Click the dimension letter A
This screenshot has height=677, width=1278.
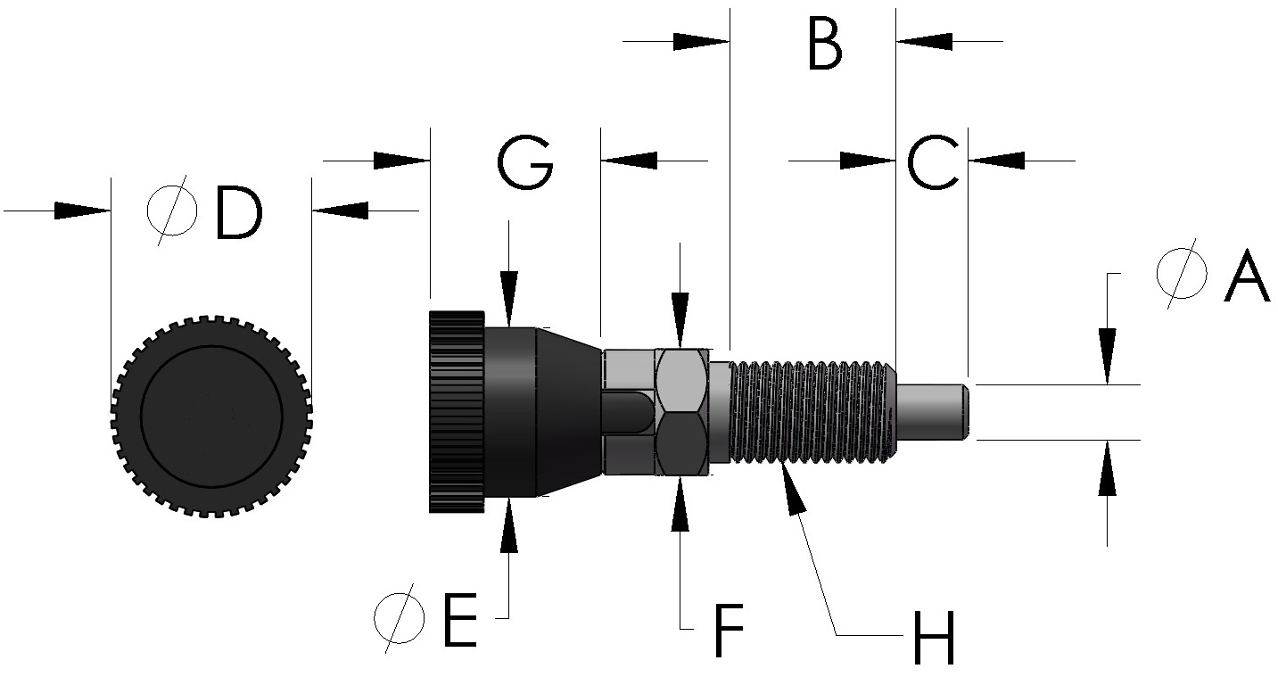tap(1247, 277)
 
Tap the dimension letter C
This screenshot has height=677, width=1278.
tap(933, 162)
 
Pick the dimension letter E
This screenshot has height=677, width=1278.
tap(460, 619)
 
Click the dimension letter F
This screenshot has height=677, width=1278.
tap(730, 632)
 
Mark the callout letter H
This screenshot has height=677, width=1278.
tap(933, 638)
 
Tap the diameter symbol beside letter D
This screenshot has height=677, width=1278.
tap(172, 211)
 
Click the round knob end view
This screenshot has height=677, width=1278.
tap(211, 415)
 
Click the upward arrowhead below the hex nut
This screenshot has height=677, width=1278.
tap(681, 496)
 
